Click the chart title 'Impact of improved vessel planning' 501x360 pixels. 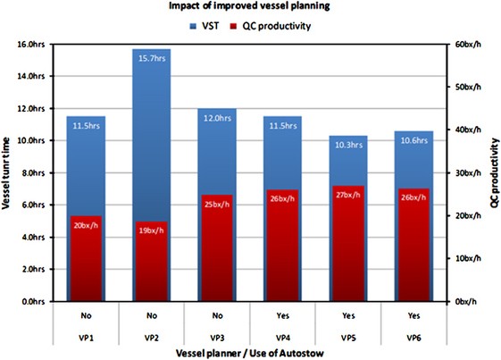251,7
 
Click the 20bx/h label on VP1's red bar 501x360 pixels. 86,223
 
